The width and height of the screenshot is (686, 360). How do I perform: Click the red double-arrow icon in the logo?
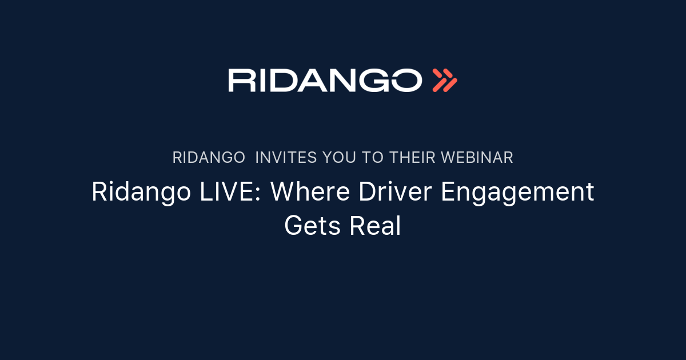[x=445, y=80]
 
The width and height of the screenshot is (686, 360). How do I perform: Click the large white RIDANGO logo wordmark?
[x=325, y=80]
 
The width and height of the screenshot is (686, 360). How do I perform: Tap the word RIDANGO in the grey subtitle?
[x=209, y=158]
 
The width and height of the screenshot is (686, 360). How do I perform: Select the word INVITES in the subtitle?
[x=286, y=158]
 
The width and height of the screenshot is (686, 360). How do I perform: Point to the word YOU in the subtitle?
[x=339, y=158]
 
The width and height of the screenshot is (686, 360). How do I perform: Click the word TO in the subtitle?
[x=372, y=158]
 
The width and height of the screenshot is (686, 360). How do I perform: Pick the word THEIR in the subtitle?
[x=412, y=158]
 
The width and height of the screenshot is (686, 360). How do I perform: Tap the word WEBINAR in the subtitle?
[x=477, y=158]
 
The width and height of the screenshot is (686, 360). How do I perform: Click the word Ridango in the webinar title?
[x=141, y=193]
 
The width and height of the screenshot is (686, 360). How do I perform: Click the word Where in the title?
[x=310, y=191]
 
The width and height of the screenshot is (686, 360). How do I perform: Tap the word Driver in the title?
[x=395, y=191]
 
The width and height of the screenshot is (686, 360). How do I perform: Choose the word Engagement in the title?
[x=517, y=193]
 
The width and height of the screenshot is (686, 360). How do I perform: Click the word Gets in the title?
[x=312, y=226]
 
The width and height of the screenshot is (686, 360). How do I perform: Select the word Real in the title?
[x=375, y=226]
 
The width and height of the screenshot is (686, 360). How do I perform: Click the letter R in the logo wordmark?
[x=242, y=80]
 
